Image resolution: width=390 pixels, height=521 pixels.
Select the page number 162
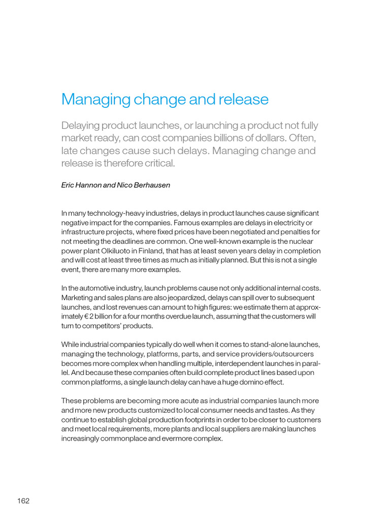pos(23,501)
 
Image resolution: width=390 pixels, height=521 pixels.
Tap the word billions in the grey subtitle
pos(237,138)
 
